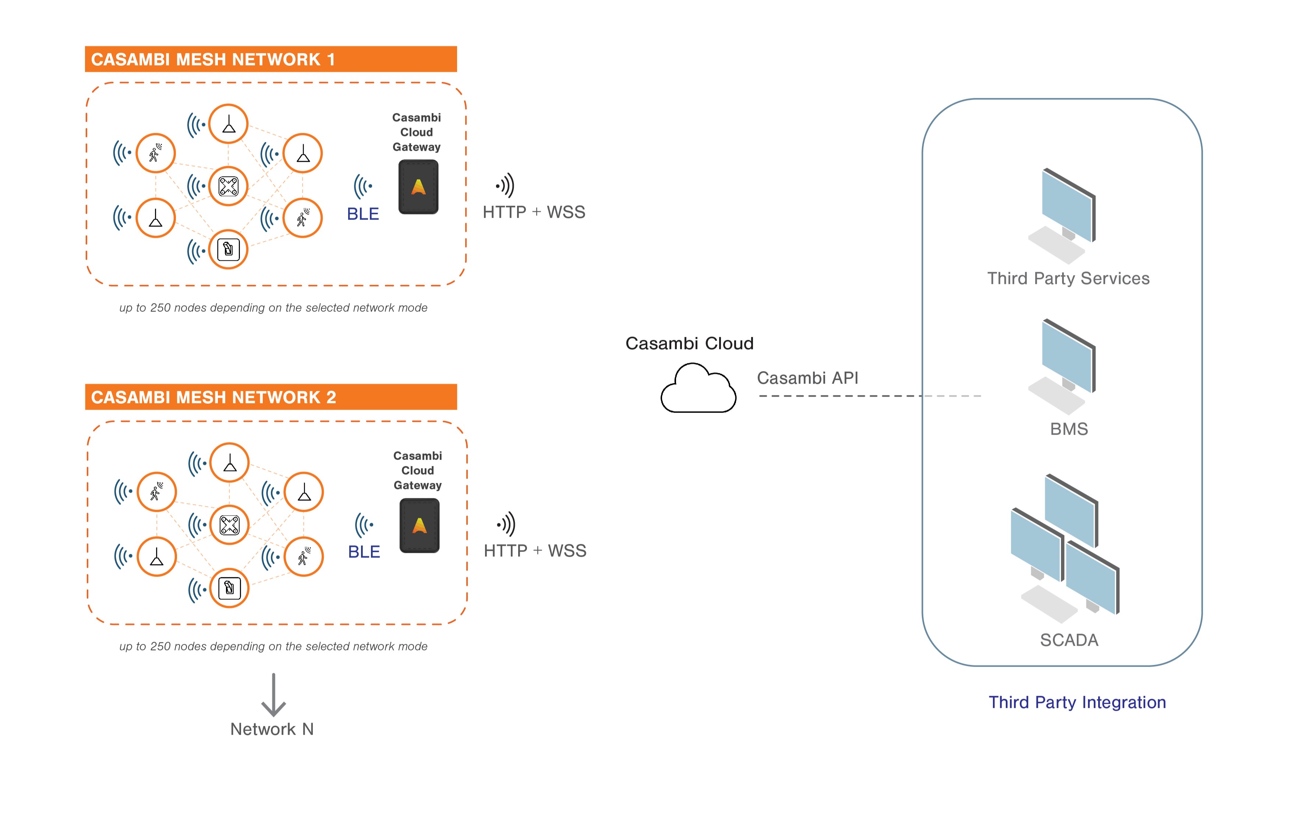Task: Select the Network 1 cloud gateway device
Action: pyautogui.click(x=418, y=187)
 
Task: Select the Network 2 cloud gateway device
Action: pyautogui.click(x=419, y=525)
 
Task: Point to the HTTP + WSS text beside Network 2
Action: pyautogui.click(x=534, y=551)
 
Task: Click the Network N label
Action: pyautogui.click(x=272, y=729)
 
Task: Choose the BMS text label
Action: pyautogui.click(x=1068, y=429)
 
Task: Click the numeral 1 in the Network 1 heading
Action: pyautogui.click(x=331, y=60)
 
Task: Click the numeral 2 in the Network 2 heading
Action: pyautogui.click(x=331, y=397)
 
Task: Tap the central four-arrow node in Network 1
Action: pyautogui.click(x=229, y=186)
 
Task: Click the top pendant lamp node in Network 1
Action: pyautogui.click(x=229, y=124)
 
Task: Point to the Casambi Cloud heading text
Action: pyautogui.click(x=689, y=343)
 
